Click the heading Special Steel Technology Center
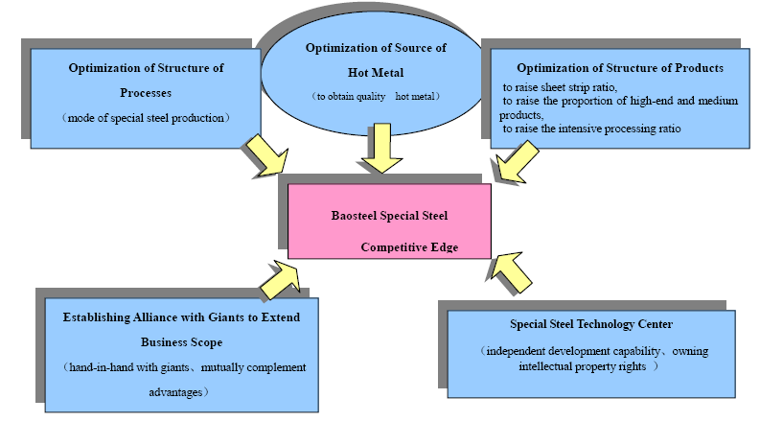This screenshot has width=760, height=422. pos(592,326)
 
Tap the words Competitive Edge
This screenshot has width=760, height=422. pos(410,247)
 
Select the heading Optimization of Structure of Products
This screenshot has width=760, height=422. pos(619,68)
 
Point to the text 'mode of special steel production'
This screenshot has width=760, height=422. pos(146,117)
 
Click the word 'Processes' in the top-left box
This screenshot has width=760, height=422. pos(146,92)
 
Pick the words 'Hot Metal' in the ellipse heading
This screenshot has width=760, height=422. pos(377,72)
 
